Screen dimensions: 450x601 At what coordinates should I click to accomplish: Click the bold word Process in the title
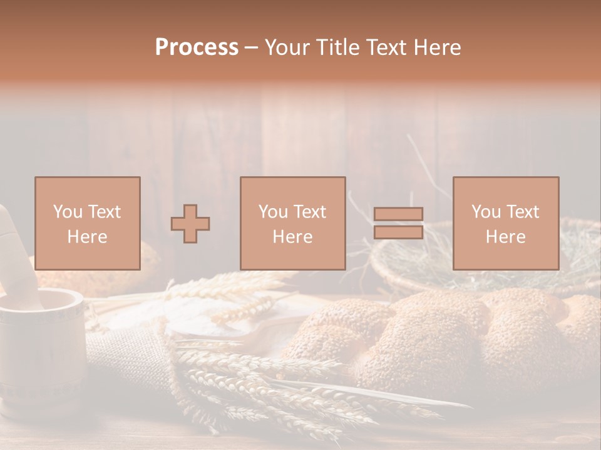click(x=197, y=47)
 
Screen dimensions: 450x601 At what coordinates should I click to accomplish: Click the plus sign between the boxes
click(x=190, y=224)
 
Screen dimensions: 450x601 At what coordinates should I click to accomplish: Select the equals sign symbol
click(x=398, y=223)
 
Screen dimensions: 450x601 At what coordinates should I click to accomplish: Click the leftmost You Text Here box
click(x=88, y=223)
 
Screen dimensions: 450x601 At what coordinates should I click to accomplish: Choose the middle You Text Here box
click(x=292, y=223)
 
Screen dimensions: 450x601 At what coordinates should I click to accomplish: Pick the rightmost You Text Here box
click(x=505, y=223)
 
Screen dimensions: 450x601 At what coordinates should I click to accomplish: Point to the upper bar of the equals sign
click(x=398, y=214)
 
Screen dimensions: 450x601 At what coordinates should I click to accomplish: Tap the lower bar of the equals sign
click(x=398, y=232)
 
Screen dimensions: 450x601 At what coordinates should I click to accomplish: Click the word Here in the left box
click(x=87, y=237)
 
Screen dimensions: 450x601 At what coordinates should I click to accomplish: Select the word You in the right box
click(x=486, y=212)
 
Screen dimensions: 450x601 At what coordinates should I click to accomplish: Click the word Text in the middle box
click(x=309, y=212)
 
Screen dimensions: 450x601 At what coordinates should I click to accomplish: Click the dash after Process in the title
click(x=251, y=47)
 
